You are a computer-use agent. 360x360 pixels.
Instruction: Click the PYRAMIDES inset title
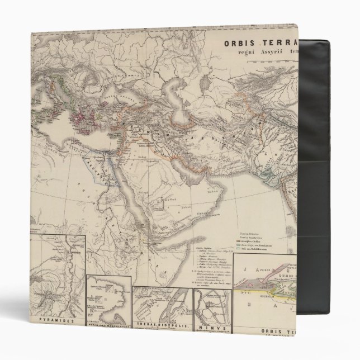[x=58, y=322]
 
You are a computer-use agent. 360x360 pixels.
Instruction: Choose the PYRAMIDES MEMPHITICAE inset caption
[x=106, y=326]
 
